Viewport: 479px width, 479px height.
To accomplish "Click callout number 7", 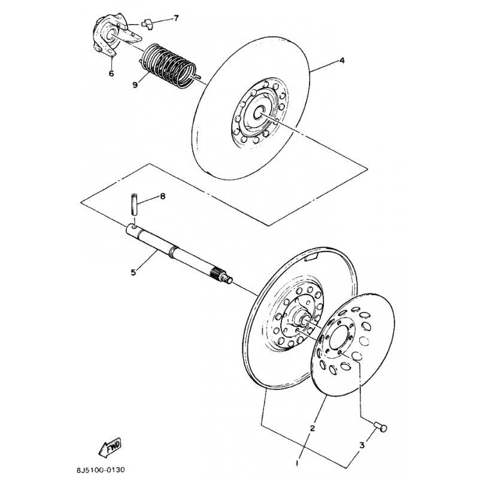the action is [x=175, y=19].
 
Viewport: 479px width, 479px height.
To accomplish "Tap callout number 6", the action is [x=111, y=73].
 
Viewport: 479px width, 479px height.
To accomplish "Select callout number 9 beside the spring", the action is [x=135, y=84].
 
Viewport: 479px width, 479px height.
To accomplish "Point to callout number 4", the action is [x=342, y=60].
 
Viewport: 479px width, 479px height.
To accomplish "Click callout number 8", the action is [x=162, y=196].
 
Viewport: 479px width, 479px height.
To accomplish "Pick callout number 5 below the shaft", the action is [x=133, y=272].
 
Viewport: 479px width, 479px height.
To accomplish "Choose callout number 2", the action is [x=312, y=428].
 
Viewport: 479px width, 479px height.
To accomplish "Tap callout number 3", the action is [x=362, y=445].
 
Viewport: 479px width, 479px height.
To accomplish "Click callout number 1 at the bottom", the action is [x=297, y=463].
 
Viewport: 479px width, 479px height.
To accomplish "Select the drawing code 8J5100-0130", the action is [x=101, y=469].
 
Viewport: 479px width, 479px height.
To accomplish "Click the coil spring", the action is [x=169, y=66].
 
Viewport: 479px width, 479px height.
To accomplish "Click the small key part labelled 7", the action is [x=147, y=24].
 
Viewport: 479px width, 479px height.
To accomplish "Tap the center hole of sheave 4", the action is [x=260, y=113].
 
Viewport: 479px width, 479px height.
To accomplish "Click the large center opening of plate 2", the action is [x=339, y=336].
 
